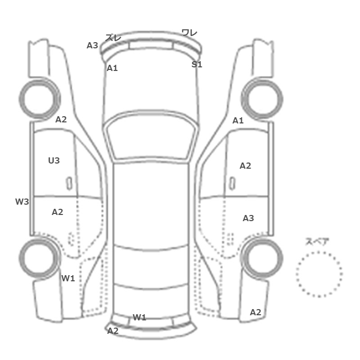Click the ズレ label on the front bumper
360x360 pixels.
click(113, 38)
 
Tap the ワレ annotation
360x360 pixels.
click(189, 32)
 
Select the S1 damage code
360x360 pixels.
click(197, 64)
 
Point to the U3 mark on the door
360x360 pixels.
click(54, 160)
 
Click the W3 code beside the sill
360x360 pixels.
click(22, 202)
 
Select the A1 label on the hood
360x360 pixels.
click(112, 68)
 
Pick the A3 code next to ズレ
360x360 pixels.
click(92, 45)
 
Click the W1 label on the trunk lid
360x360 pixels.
click(139, 317)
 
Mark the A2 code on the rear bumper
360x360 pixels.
click(113, 331)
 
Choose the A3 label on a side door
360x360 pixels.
click(248, 218)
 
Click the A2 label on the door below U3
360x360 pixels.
click(58, 212)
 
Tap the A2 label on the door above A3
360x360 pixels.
click(245, 166)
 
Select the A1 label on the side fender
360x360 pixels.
click(238, 120)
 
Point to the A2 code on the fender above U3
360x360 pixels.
click(61, 119)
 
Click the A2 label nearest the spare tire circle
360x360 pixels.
click(256, 312)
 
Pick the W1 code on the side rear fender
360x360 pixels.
click(68, 278)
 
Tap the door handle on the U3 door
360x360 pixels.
click(69, 184)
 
